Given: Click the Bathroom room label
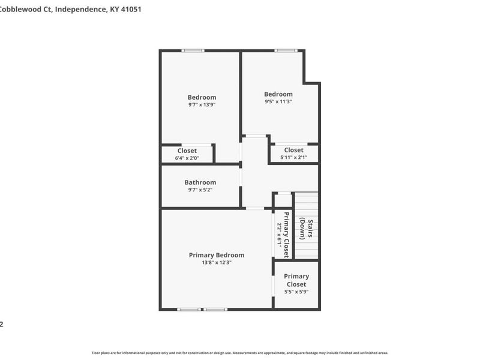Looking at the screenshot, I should (200, 182).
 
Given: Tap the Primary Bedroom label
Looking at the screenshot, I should (216, 255).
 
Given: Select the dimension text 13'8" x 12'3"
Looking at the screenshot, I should (216, 262).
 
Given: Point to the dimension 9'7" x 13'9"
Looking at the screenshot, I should (202, 104).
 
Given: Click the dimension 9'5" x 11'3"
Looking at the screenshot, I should (278, 101).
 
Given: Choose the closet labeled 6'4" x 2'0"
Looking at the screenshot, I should (187, 154).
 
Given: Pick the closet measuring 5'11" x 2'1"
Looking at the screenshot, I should (293, 154).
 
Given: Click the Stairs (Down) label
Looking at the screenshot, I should (307, 229).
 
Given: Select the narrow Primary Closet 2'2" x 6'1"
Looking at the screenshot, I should (283, 235).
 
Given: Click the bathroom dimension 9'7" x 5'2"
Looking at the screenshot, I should (200, 190).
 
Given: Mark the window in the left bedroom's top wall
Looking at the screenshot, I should (193, 50).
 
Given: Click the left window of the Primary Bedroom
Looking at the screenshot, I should (189, 309).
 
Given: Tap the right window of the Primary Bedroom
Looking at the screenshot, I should (215, 309).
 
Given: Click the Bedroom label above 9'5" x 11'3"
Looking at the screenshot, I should (278, 94).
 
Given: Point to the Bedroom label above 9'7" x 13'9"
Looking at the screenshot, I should (202, 97).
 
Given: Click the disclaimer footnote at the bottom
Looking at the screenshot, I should (240, 353).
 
